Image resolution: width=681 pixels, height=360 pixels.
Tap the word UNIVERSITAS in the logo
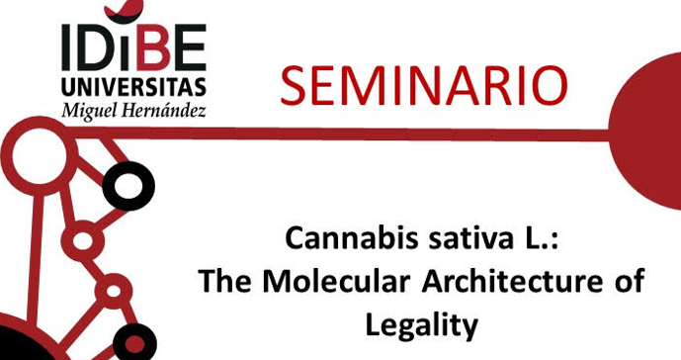tap(133, 85)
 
